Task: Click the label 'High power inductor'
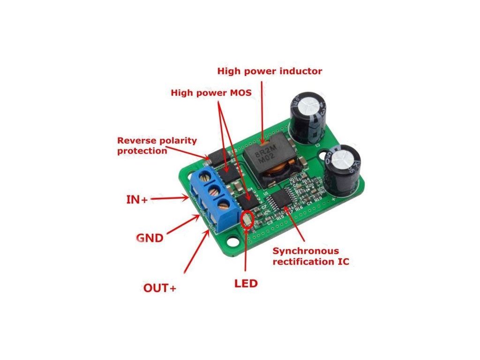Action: pos(270,71)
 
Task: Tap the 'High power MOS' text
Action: pos(211,93)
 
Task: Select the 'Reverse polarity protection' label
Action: pos(157,145)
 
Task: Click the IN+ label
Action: pos(137,199)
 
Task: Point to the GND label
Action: pos(149,238)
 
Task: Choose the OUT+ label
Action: pos(160,288)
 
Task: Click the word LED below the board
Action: pos(246,283)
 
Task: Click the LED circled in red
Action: pos(247,219)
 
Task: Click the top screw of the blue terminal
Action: pos(205,176)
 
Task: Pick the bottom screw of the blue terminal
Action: pos(224,205)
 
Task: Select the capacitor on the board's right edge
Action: pos(343,170)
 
